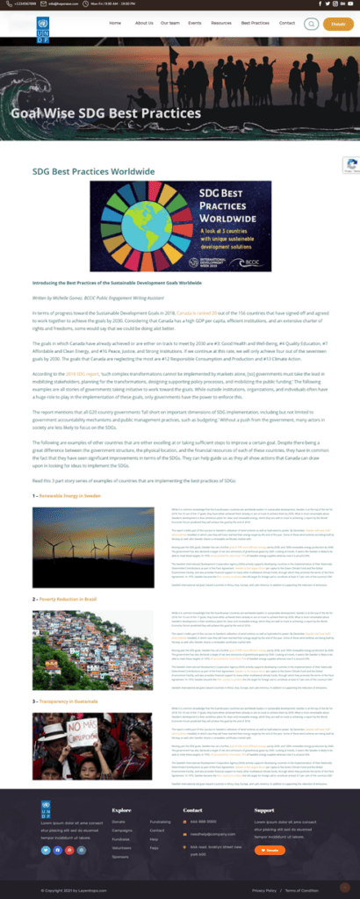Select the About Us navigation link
coord(144,24)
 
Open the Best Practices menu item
coord(255,24)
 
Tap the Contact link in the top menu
coord(286,24)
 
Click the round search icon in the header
coord(310,24)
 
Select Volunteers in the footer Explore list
coord(123,845)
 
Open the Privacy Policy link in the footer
coord(263,889)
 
